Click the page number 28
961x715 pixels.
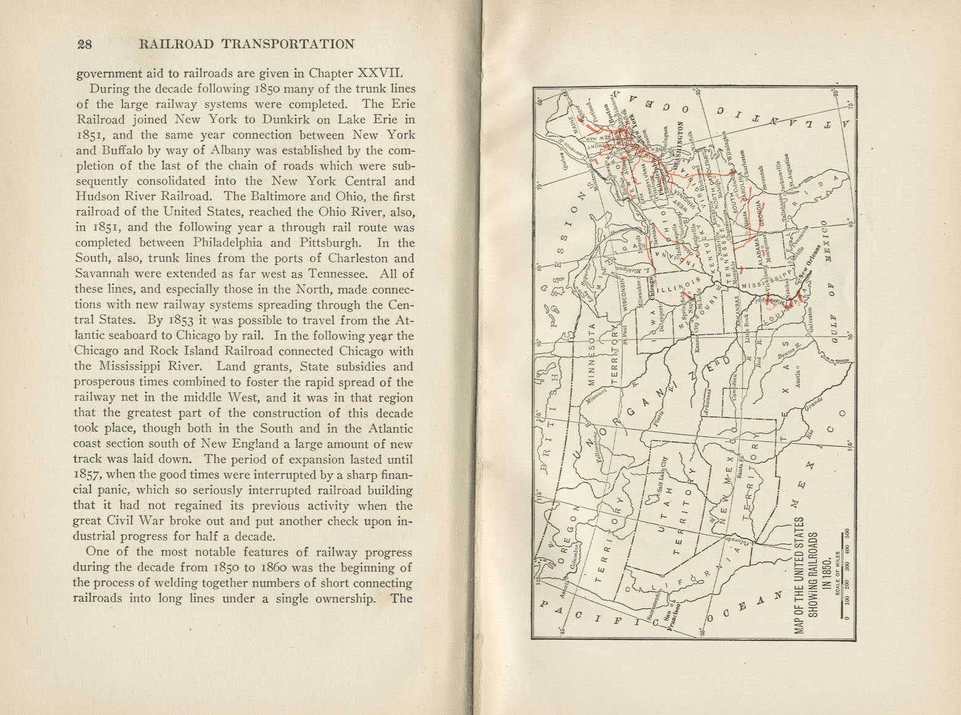[x=84, y=44]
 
